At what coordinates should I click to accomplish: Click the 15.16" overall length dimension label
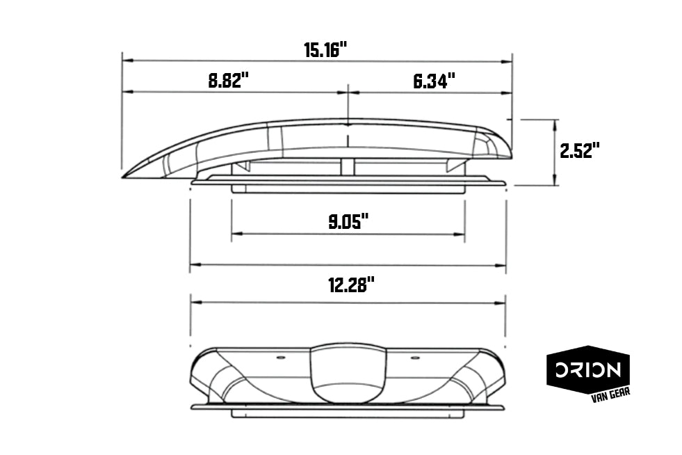325,50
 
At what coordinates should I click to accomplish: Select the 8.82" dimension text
229,80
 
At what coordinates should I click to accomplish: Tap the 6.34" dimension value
434,81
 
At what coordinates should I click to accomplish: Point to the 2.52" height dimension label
580,151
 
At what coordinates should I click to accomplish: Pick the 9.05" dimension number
348,222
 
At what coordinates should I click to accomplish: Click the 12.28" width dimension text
351,284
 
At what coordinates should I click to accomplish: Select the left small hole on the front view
280,358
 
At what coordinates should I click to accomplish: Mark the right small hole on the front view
415,358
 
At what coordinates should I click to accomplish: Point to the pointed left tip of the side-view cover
125,177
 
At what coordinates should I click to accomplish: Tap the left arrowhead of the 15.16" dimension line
126,61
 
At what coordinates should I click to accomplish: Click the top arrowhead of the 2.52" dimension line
555,122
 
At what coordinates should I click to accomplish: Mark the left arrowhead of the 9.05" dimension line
235,234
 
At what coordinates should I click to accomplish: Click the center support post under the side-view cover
348,166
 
